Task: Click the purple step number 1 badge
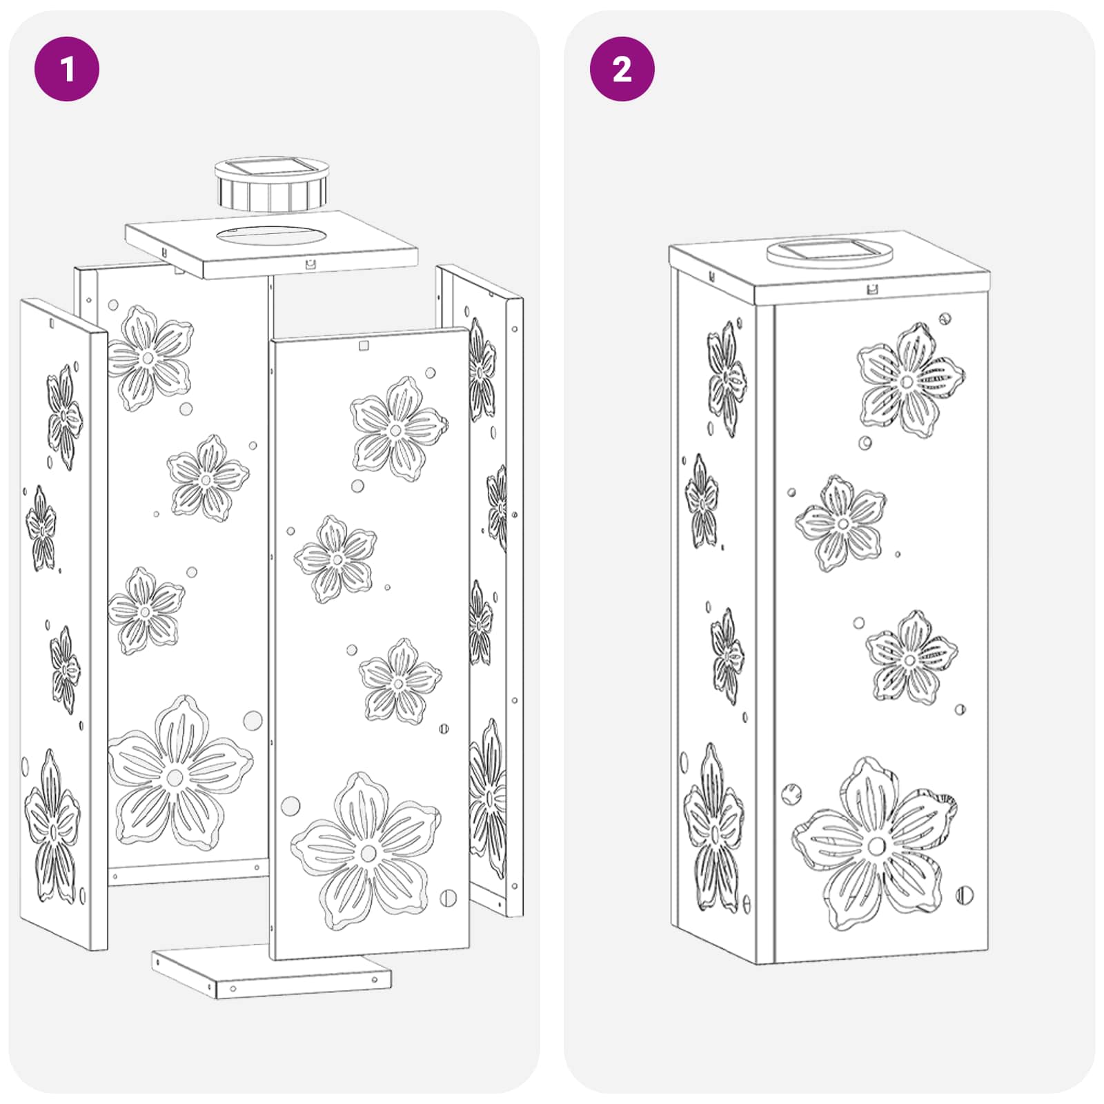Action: coord(67,69)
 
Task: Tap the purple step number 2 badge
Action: coord(622,69)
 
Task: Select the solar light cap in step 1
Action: coord(270,184)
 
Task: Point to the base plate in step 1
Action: coord(271,972)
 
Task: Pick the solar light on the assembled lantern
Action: coord(829,253)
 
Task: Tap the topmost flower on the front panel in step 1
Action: coord(398,428)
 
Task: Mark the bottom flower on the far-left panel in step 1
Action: coord(52,827)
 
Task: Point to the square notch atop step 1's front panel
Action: coord(364,345)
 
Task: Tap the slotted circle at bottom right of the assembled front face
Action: coord(965,896)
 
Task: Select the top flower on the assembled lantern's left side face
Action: coord(727,379)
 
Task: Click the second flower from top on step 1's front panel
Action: coord(335,559)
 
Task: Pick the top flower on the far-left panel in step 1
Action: coord(65,417)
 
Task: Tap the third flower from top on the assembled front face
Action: coord(911,658)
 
